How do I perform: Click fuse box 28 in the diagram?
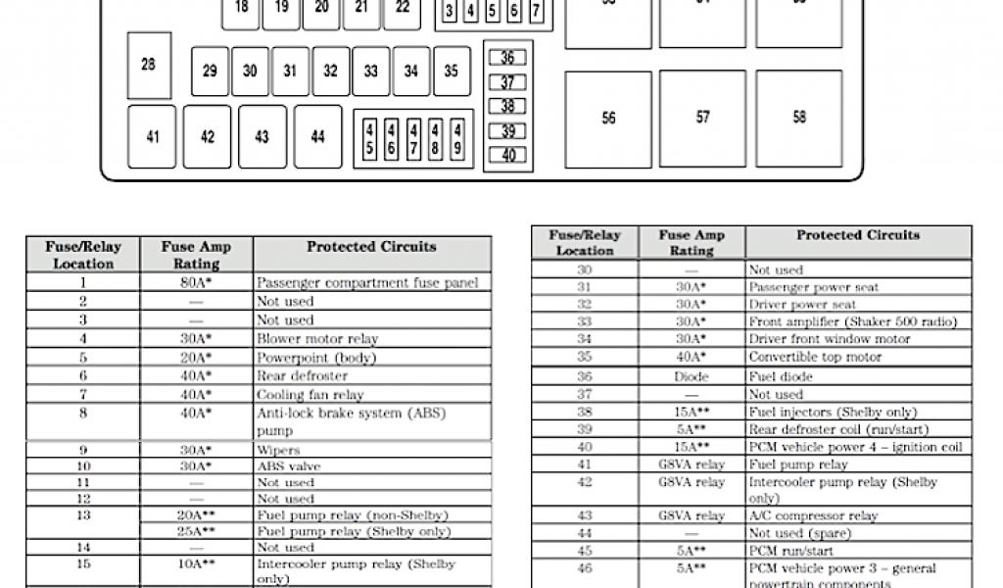(x=149, y=66)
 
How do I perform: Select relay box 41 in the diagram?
(x=152, y=137)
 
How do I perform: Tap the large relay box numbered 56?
(x=608, y=119)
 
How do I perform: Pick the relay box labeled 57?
(x=702, y=118)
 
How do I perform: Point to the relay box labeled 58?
(x=799, y=118)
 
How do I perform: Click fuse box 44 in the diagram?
(x=317, y=137)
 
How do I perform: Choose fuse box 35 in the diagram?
(x=451, y=72)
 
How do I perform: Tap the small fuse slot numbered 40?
(x=507, y=155)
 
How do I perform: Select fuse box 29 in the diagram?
(x=210, y=72)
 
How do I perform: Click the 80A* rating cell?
(x=197, y=283)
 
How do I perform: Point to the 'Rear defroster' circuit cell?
(x=372, y=375)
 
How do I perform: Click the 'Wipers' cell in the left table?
(x=372, y=450)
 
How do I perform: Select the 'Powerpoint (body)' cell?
(x=372, y=358)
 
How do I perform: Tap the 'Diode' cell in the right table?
(x=692, y=376)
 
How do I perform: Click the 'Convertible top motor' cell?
(x=858, y=358)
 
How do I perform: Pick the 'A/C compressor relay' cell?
(x=858, y=515)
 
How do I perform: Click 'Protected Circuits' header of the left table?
(x=372, y=247)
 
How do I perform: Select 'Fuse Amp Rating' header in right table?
(x=692, y=243)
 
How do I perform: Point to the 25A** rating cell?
(x=197, y=530)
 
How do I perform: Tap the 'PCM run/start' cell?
(x=858, y=551)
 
